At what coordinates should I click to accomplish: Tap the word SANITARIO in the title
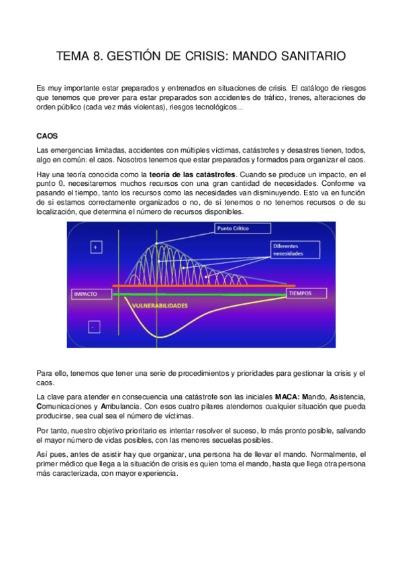click(313, 57)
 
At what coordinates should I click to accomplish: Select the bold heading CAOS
click(47, 135)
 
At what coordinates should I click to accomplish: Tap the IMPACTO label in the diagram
click(89, 294)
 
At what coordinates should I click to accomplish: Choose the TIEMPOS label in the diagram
click(306, 293)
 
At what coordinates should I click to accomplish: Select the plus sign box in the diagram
click(95, 248)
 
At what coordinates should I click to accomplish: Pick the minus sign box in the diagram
click(95, 327)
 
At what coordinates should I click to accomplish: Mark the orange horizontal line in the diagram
click(201, 287)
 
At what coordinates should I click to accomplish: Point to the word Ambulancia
click(123, 407)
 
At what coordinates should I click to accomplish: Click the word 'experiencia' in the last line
click(156, 473)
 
